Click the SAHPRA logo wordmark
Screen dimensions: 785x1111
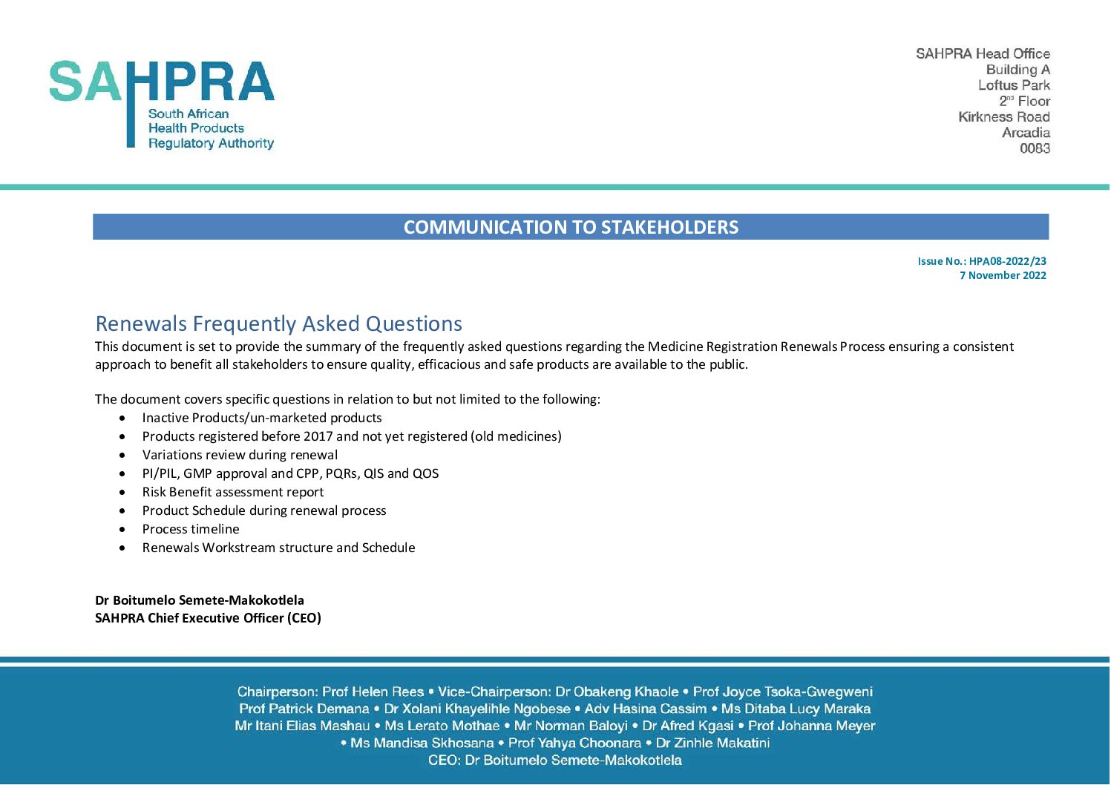point(162,82)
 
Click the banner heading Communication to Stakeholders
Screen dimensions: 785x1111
point(571,227)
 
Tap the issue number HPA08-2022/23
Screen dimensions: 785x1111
point(1007,261)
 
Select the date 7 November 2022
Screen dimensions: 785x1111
point(1003,275)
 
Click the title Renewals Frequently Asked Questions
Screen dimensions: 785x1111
point(278,323)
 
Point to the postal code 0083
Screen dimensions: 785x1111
point(1035,148)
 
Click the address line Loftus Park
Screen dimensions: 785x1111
point(1014,85)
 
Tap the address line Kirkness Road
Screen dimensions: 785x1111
point(1003,117)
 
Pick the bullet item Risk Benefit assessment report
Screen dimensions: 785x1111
point(233,492)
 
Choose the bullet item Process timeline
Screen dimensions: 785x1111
point(191,529)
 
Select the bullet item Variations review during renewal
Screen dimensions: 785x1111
point(240,455)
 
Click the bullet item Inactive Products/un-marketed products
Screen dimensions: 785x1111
point(262,418)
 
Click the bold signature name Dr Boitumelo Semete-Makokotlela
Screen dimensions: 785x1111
point(200,600)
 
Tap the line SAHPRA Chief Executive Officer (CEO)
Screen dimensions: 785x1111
point(208,618)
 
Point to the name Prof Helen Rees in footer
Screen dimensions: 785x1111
point(373,692)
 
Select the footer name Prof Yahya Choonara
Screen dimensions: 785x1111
point(574,743)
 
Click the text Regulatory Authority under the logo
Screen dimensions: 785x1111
point(211,143)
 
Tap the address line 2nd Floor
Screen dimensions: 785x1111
point(1024,101)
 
